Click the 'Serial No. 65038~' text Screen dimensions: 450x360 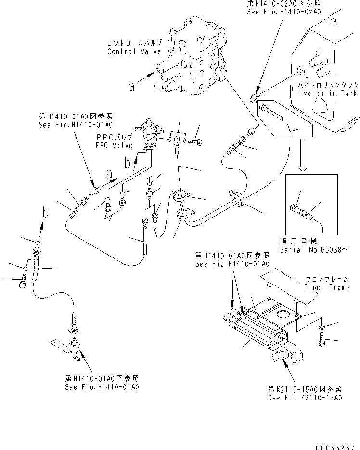coord(313,250)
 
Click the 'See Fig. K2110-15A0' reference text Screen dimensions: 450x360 coord(305,398)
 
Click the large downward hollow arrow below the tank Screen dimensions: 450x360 coord(302,155)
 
